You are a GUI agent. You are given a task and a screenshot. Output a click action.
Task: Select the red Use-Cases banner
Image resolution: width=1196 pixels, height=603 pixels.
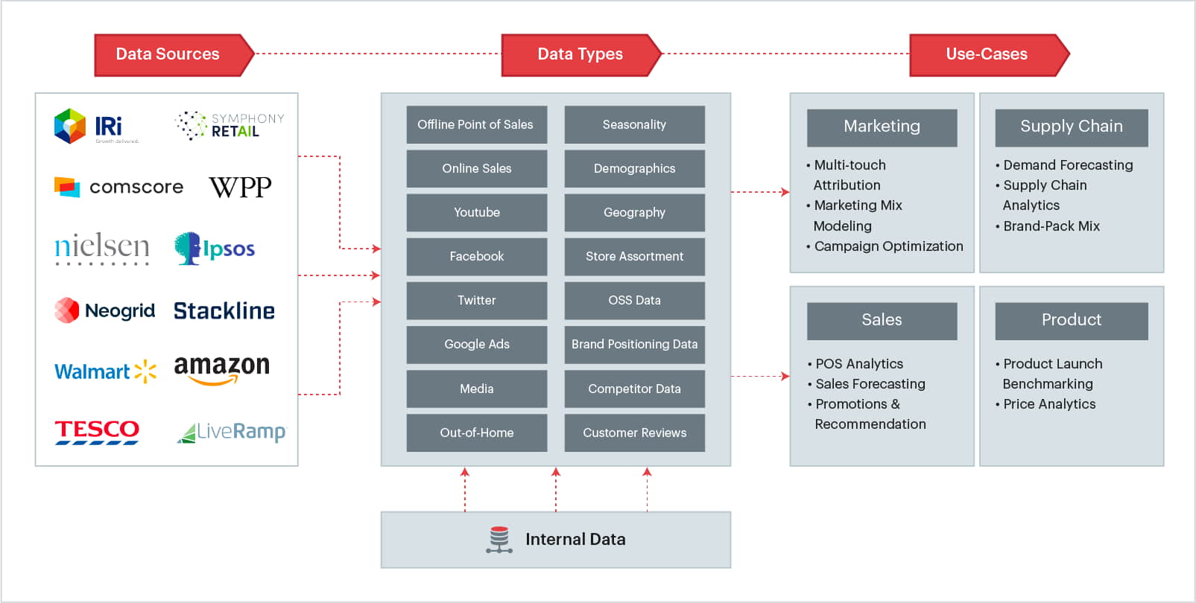click(x=987, y=54)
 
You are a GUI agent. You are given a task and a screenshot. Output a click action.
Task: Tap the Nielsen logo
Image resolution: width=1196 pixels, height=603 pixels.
click(x=102, y=248)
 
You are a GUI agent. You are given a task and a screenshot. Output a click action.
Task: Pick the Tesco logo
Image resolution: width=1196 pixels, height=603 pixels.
click(x=97, y=431)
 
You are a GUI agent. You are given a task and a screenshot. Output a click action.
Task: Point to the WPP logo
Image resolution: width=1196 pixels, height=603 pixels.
click(x=240, y=187)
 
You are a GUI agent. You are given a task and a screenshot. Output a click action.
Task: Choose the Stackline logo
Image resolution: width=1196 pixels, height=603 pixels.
click(x=224, y=310)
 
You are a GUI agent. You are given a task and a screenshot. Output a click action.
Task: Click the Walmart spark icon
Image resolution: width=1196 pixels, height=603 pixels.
click(x=145, y=371)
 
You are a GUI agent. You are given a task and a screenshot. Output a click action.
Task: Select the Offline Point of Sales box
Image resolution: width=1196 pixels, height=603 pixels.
click(x=476, y=124)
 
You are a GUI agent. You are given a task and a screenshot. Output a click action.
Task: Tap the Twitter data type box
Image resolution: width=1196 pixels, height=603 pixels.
click(x=476, y=300)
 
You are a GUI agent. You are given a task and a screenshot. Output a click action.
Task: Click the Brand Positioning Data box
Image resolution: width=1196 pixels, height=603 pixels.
click(x=634, y=344)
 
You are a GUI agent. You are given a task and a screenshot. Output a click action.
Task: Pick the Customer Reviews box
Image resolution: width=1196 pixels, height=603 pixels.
click(x=634, y=433)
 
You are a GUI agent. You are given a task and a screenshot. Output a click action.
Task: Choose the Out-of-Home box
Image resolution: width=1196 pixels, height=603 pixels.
click(x=476, y=433)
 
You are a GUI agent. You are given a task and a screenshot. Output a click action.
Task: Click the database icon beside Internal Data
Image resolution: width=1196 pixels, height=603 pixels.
click(x=499, y=540)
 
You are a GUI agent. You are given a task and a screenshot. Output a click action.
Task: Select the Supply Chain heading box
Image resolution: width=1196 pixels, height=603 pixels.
click(x=1071, y=127)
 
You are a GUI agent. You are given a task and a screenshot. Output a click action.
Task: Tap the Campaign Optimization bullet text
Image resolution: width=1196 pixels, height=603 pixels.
click(x=887, y=246)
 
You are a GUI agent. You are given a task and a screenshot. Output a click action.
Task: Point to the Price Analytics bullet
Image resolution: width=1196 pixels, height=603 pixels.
click(x=1048, y=404)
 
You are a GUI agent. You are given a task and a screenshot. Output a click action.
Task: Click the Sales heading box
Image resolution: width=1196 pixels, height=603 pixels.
click(x=882, y=320)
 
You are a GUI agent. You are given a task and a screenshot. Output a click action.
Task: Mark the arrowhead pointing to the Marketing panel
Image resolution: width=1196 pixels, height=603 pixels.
click(x=785, y=192)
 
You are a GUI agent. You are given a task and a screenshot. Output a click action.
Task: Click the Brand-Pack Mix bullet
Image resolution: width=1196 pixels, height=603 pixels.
click(x=1051, y=226)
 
